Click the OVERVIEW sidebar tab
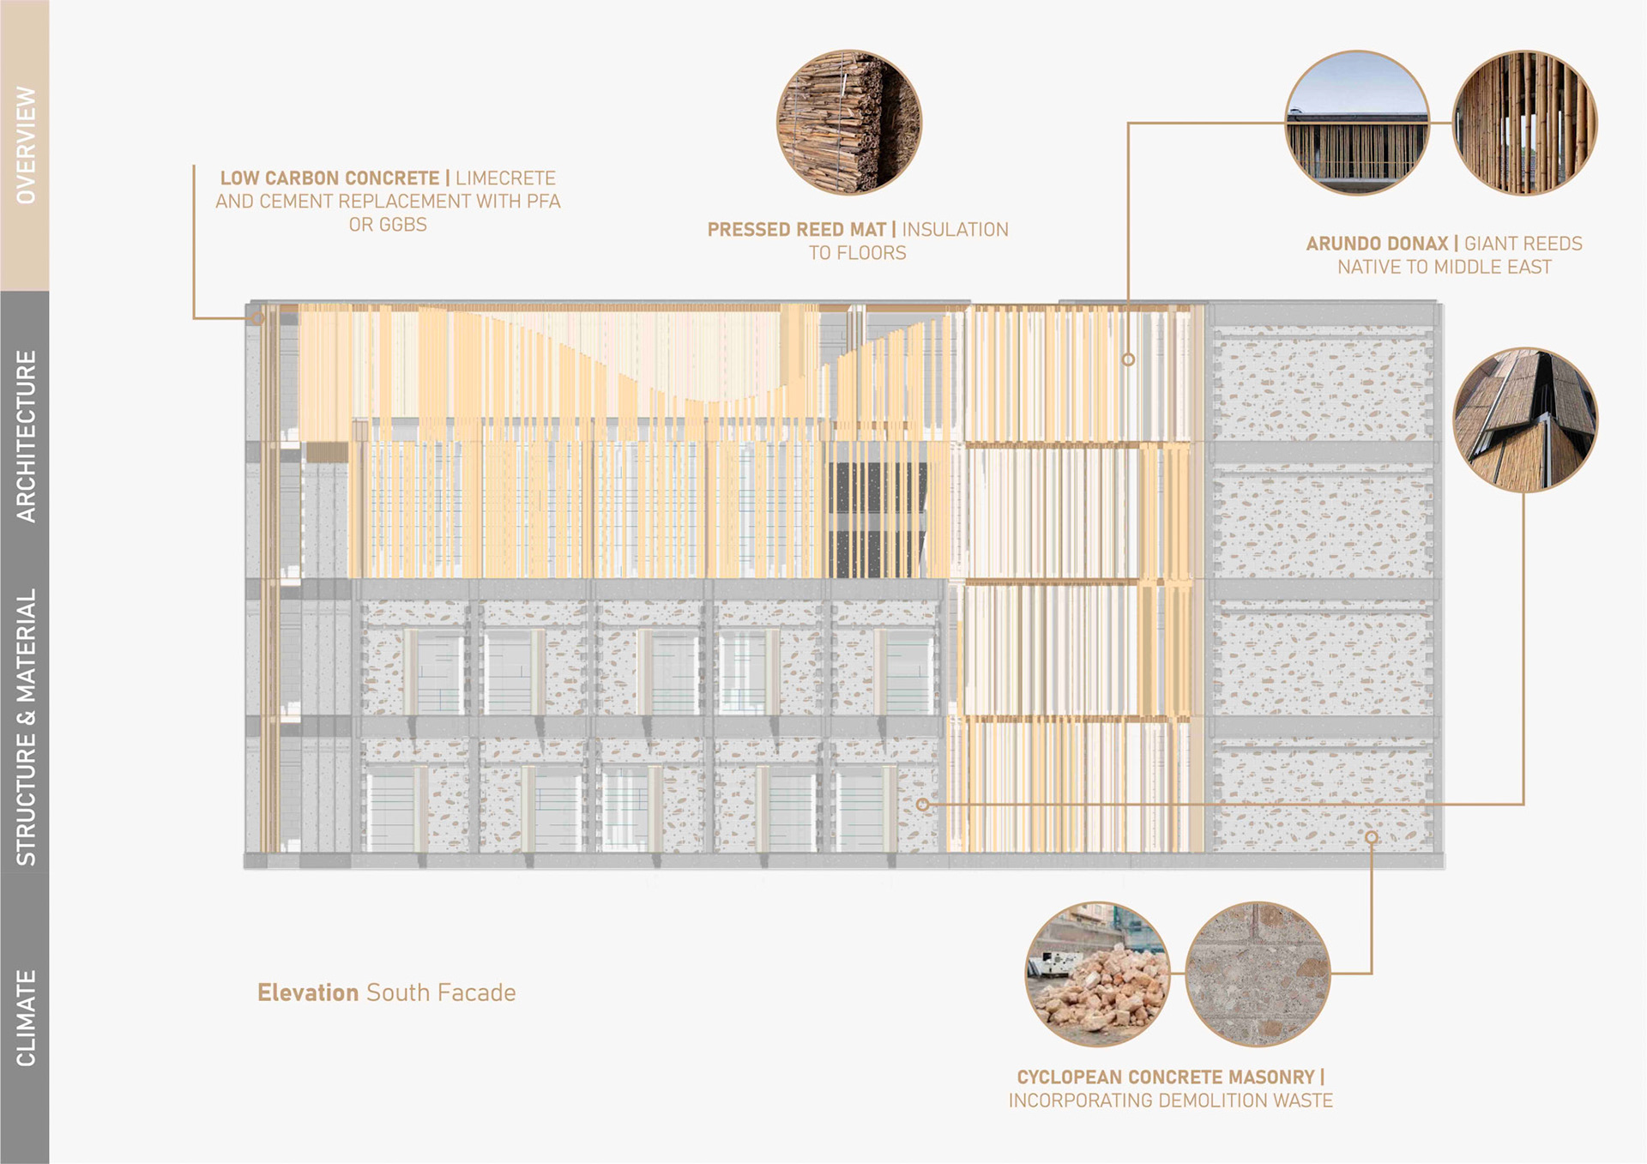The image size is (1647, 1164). pos(25,145)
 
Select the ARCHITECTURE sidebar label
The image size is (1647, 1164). pos(26,437)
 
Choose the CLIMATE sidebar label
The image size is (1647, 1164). pos(26,1017)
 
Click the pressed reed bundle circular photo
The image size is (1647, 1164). pos(848,122)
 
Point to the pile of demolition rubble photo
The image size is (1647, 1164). pos(1097,974)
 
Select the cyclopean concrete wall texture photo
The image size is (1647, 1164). pos(1257,974)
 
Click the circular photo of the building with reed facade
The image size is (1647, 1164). pos(1356,123)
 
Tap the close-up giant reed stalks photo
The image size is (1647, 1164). pos(1524,123)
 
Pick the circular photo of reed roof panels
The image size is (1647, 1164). pos(1524,419)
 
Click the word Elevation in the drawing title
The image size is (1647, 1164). pos(308,992)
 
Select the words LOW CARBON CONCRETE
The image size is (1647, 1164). pos(329,178)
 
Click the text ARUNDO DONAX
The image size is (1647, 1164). pos(1377,244)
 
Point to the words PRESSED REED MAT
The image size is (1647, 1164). pos(796,230)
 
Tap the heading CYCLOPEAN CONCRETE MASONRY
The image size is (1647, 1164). pos(1165,1077)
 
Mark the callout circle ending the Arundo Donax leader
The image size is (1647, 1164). pos(1128,360)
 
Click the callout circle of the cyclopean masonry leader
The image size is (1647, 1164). pos(1372,837)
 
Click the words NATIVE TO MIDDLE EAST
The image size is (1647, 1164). pos(1444,267)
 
